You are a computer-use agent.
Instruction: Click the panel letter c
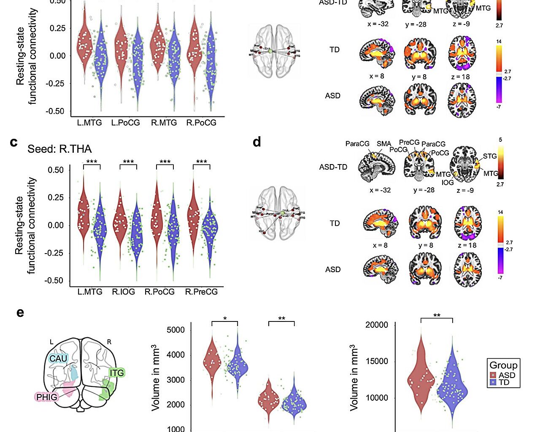tap(14, 142)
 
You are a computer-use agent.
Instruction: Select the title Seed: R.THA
tap(59, 149)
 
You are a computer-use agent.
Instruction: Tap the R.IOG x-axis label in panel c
tap(124, 292)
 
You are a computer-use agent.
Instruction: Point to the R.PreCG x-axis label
tap(201, 292)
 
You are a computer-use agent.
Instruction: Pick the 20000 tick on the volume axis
tap(377, 325)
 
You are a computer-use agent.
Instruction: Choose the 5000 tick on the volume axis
tap(176, 330)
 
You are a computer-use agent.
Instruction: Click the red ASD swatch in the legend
tap(493, 375)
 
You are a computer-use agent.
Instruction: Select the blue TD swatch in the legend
tap(493, 383)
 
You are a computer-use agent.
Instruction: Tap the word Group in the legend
tap(503, 365)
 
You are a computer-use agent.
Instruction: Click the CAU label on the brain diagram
tap(58, 359)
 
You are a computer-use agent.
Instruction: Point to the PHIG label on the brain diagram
tap(46, 397)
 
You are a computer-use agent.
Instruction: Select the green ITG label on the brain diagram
tap(117, 373)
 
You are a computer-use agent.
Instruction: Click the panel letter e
tap(20, 313)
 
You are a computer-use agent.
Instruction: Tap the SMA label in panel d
tap(384, 144)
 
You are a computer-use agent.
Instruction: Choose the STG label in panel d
tap(490, 156)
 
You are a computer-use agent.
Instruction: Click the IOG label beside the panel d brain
tap(448, 182)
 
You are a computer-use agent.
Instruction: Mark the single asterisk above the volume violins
tap(225, 319)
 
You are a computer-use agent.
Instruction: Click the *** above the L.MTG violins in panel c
tap(92, 162)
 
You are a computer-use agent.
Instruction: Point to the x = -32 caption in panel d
tap(380, 190)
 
